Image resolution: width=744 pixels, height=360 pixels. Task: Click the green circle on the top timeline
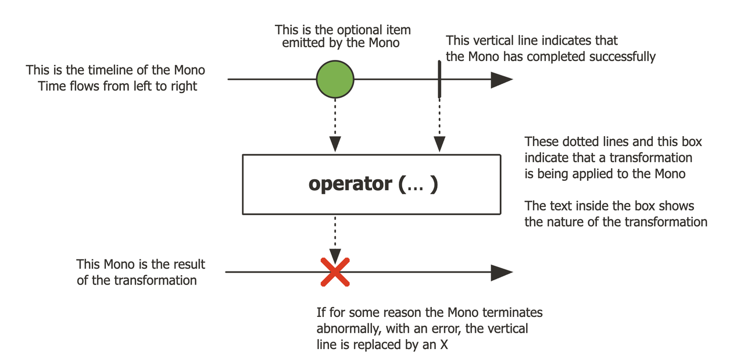tap(335, 79)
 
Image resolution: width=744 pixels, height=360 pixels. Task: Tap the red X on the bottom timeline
tap(335, 272)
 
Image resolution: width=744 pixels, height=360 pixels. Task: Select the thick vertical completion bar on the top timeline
tap(439, 79)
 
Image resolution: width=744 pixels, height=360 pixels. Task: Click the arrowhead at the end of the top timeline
tap(502, 80)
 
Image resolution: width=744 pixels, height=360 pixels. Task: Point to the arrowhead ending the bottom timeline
tap(502, 272)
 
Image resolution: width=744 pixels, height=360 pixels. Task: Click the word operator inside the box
tap(350, 184)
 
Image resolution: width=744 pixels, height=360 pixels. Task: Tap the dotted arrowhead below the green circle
tap(335, 144)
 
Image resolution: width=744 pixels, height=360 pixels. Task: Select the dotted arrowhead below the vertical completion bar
tap(439, 144)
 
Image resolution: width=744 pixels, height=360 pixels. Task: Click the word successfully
tap(623, 57)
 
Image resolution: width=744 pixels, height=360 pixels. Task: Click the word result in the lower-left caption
tap(191, 264)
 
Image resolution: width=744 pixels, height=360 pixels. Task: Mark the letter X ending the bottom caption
tap(444, 345)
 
